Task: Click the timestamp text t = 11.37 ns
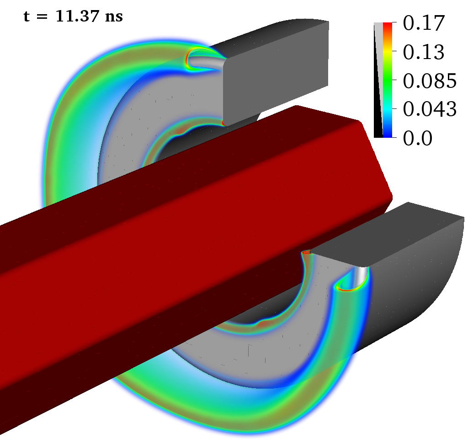[x=73, y=16]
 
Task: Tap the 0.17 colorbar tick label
[x=424, y=23]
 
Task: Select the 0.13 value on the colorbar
[x=424, y=52]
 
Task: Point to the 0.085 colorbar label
[x=430, y=81]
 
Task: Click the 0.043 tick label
[x=430, y=109]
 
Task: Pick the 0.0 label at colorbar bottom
[x=418, y=138]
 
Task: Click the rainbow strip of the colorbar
[x=388, y=80]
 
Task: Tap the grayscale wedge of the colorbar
[x=378, y=80]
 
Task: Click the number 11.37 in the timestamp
[x=77, y=16]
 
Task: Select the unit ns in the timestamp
[x=114, y=17]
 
